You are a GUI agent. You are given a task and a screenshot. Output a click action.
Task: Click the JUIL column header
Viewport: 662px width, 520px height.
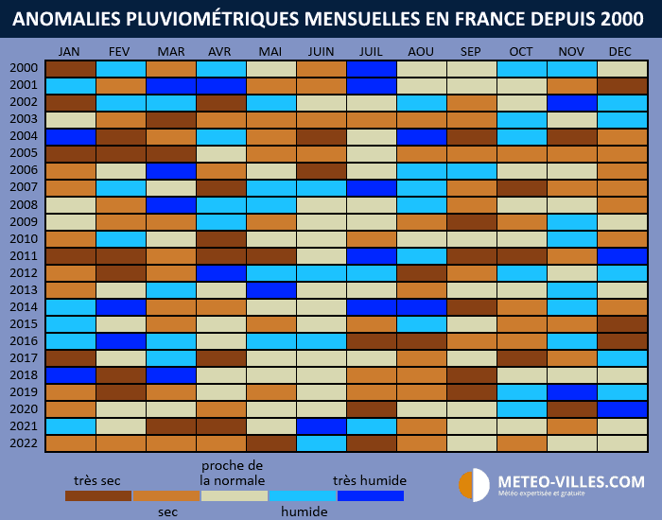coord(371,51)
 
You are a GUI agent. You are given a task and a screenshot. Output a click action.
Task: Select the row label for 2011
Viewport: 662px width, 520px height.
coord(25,255)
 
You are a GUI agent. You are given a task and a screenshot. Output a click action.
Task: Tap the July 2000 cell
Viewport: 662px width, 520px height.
coord(371,69)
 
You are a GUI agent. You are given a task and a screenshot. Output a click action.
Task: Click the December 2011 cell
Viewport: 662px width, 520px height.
coord(621,255)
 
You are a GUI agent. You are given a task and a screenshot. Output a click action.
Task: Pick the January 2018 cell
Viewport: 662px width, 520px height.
coord(70,375)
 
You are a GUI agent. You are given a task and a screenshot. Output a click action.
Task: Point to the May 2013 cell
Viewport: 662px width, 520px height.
coord(270,289)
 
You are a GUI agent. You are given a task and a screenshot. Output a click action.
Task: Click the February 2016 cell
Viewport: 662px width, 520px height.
coord(120,341)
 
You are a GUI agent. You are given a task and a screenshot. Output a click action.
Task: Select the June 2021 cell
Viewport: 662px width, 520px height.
coord(321,426)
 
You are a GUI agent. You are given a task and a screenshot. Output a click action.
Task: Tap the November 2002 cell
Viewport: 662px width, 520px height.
coord(571,103)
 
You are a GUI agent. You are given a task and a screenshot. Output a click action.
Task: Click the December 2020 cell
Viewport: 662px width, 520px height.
coord(621,409)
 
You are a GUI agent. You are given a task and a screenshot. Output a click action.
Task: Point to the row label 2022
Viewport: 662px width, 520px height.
coord(25,443)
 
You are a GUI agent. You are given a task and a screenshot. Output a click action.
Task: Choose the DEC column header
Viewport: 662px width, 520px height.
coord(621,51)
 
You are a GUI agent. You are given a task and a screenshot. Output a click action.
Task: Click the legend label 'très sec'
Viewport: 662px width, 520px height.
coord(98,479)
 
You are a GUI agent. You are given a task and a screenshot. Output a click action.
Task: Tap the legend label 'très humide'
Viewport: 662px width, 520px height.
coord(370,479)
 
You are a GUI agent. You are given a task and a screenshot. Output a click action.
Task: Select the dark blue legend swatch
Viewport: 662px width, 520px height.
coord(370,495)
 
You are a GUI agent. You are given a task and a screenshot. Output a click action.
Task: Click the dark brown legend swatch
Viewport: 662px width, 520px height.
coord(98,495)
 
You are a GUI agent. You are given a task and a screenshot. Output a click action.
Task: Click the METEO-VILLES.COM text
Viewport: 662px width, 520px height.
coord(571,482)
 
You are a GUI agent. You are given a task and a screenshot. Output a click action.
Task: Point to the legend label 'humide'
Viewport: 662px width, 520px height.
coord(304,511)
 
